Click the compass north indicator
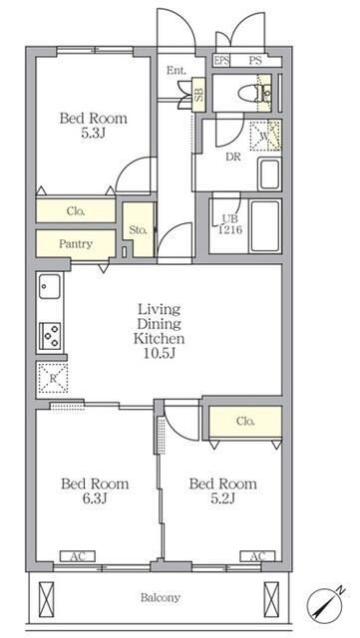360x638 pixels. [324, 604]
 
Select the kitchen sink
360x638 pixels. [50, 286]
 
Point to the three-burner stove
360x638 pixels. [50, 336]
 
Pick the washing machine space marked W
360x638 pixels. [265, 136]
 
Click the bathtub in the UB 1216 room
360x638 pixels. [264, 226]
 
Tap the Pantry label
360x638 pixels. [76, 244]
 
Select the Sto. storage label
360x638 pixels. [138, 230]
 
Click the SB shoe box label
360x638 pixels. [199, 95]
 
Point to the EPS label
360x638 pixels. [221, 61]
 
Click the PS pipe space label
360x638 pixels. [255, 61]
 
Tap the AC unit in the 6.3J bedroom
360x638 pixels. [78, 556]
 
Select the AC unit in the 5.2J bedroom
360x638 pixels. [257, 556]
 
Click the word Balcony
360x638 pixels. [161, 598]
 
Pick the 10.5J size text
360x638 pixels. [160, 353]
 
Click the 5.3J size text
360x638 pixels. [94, 134]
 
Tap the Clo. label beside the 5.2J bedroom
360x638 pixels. [245, 421]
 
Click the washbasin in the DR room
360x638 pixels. [269, 174]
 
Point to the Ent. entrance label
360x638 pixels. [177, 70]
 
